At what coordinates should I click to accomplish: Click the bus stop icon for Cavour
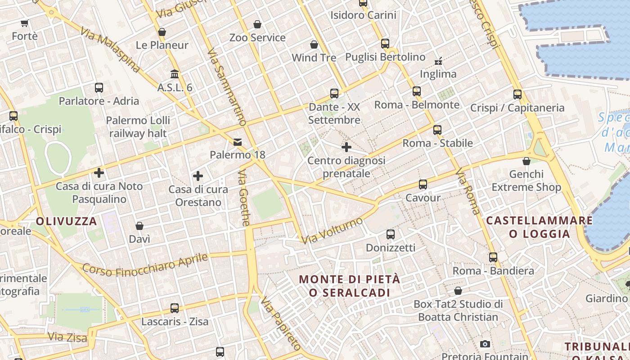[423, 184]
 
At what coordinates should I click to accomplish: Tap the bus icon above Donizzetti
[391, 234]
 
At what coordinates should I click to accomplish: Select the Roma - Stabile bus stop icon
[437, 130]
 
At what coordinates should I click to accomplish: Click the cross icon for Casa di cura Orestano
[198, 176]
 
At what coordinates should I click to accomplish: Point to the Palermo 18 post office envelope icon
[237, 142]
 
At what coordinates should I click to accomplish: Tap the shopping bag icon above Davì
[139, 225]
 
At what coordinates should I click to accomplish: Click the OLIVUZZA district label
[66, 221]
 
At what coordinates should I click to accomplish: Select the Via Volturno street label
[332, 231]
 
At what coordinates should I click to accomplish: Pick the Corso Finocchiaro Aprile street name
[145, 265]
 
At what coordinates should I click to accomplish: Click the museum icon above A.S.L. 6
[175, 74]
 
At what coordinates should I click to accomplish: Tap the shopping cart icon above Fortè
[25, 23]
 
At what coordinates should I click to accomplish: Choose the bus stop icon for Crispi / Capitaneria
[517, 94]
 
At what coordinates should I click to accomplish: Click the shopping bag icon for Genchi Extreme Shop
[526, 161]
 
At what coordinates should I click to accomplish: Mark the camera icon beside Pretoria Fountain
[485, 344]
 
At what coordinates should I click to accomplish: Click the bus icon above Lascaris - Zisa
[175, 308]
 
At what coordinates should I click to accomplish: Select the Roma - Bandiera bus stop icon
[493, 257]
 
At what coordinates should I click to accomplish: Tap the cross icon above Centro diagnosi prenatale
[346, 147]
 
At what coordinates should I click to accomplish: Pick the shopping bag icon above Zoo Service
[257, 24]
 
